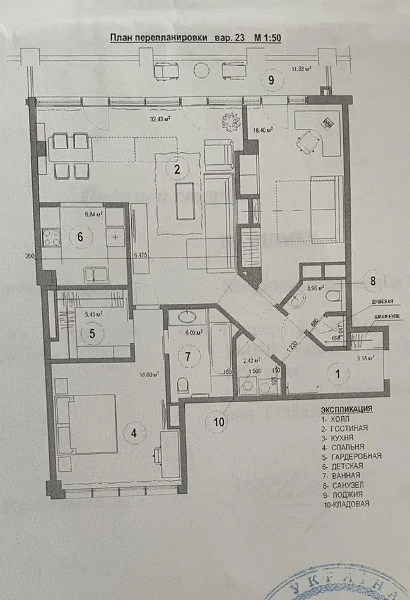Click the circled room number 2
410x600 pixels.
[177, 169]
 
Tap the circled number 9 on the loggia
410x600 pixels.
[271, 80]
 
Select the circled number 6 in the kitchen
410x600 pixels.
[80, 237]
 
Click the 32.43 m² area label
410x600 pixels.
[161, 117]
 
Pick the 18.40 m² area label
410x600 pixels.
[262, 130]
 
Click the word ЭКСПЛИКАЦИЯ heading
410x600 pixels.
[346, 409]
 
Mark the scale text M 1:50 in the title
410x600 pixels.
[267, 38]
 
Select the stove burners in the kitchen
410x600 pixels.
[50, 239]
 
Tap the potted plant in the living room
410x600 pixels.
[229, 121]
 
